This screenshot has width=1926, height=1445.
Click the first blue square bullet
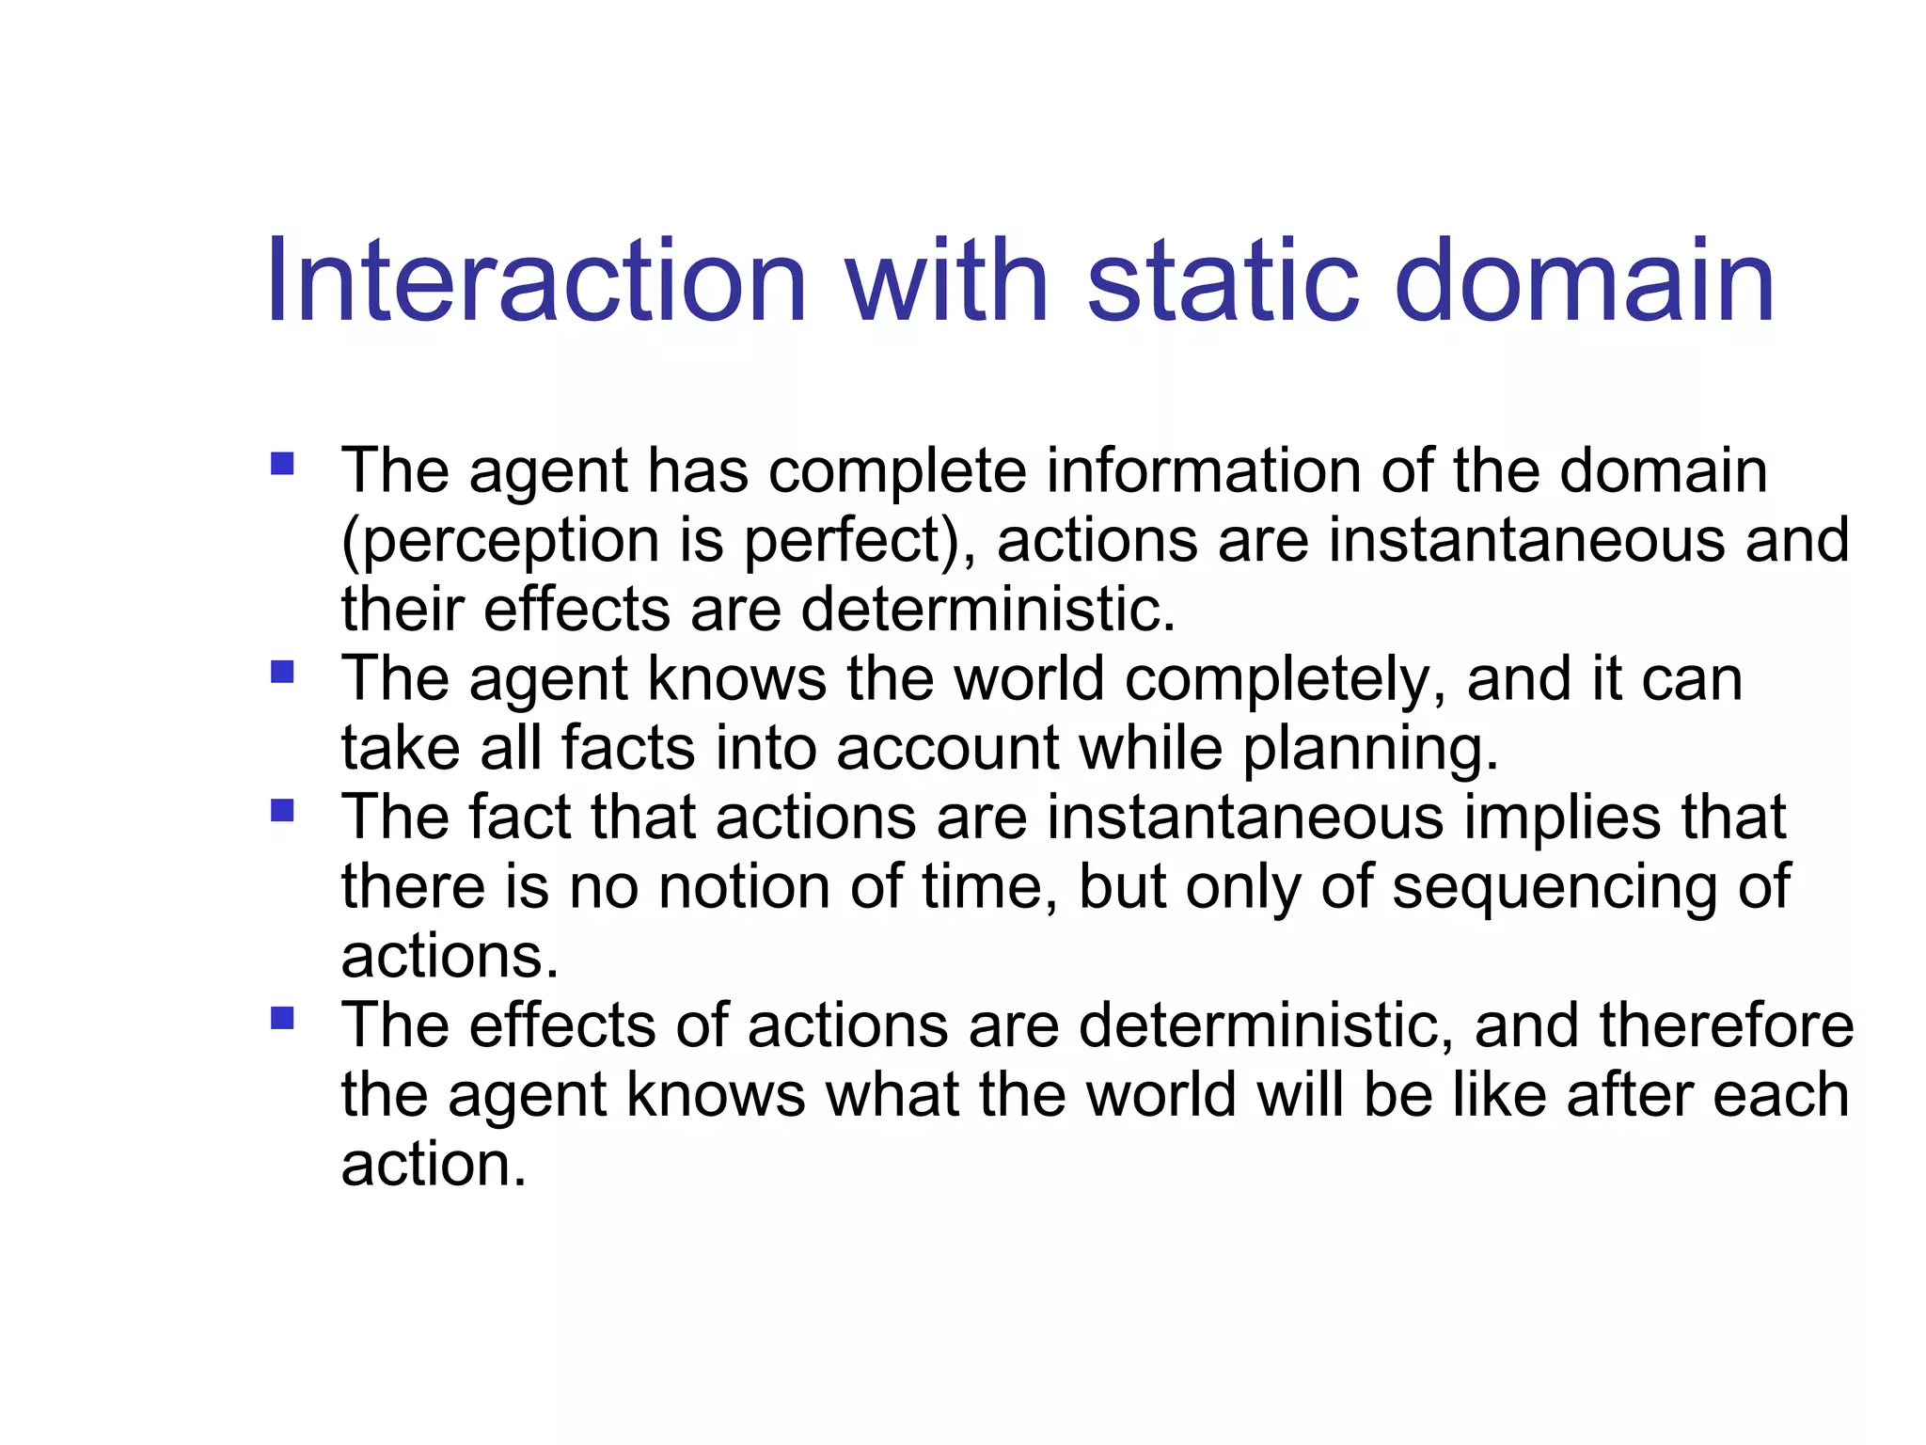(282, 464)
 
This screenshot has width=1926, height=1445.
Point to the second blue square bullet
(282, 672)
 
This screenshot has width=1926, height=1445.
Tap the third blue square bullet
(282, 810)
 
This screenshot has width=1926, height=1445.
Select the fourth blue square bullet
(282, 1018)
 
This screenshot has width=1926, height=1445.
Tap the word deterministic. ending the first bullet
(988, 609)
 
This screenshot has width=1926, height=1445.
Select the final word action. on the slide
(434, 1164)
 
